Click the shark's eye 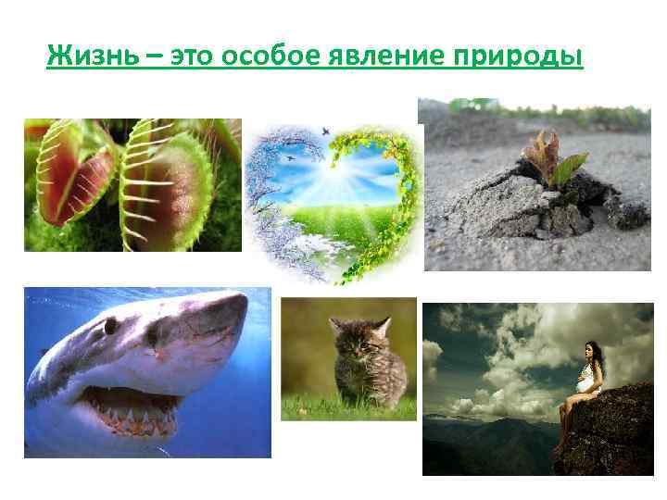click(111, 326)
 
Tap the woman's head click(586, 351)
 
